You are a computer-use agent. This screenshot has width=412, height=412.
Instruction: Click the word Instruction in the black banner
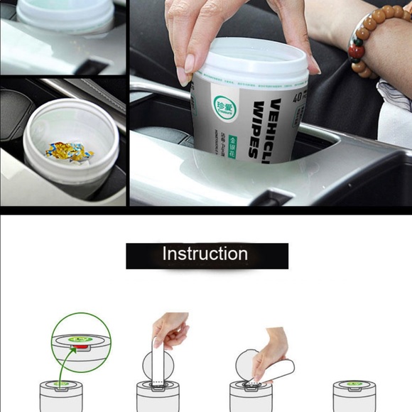tap(205, 254)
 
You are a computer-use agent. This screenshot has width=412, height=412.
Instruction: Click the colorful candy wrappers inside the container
tap(69, 150)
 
